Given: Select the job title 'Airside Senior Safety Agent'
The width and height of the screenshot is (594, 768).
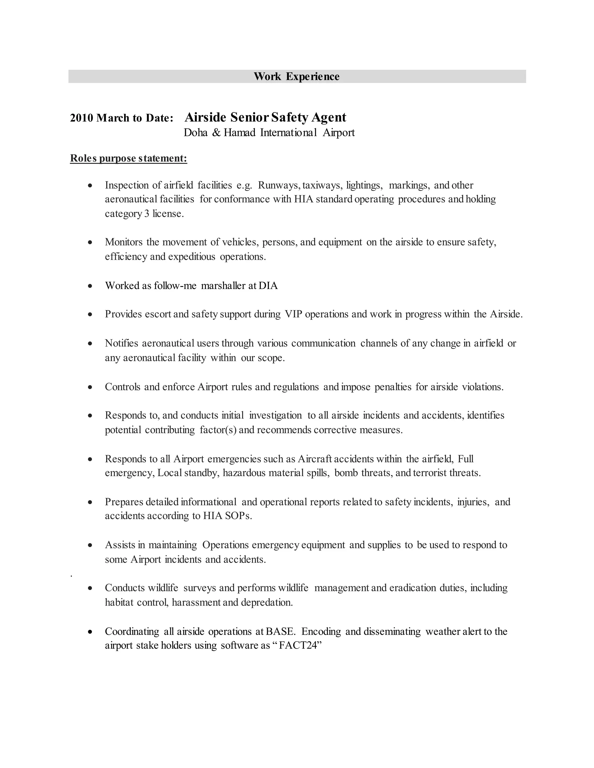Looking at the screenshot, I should (x=265, y=117).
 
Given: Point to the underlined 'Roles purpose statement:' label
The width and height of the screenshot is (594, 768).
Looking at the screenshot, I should (x=128, y=158).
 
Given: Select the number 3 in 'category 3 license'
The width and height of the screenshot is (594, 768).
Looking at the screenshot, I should (x=147, y=214).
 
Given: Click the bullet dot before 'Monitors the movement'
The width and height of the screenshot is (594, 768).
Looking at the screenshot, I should (x=90, y=242).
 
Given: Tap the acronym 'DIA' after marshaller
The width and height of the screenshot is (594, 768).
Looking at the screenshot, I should (x=268, y=285).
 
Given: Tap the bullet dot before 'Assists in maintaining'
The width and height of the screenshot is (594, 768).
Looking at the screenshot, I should (x=90, y=545).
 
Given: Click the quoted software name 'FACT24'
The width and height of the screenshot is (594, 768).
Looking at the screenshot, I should (x=298, y=646).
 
